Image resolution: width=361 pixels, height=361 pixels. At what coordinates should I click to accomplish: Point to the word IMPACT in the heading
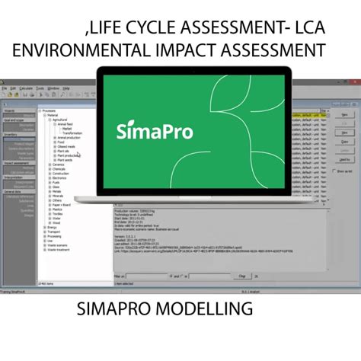199,51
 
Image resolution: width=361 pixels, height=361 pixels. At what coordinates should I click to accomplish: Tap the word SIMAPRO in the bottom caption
115,308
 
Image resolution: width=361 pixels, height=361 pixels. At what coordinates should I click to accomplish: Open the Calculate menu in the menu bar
27,88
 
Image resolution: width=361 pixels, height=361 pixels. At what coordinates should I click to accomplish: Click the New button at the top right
344,115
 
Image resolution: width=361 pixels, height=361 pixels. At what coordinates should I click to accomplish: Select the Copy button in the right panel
344,142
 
